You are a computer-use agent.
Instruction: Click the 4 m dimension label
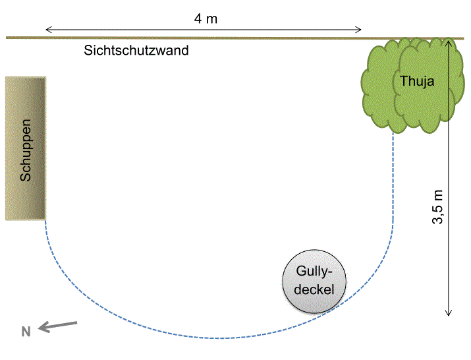[206, 18]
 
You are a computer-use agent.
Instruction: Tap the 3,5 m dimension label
[437, 208]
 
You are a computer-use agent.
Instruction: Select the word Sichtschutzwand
[136, 50]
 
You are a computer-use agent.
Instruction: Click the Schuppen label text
[26, 150]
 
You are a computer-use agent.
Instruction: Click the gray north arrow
[58, 325]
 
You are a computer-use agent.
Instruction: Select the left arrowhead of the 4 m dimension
[47, 29]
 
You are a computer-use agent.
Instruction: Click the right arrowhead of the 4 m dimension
[360, 29]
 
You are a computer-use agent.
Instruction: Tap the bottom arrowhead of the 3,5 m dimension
[449, 313]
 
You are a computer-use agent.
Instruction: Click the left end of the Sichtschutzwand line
[8, 38]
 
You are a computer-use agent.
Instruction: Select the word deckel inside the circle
[314, 289]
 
